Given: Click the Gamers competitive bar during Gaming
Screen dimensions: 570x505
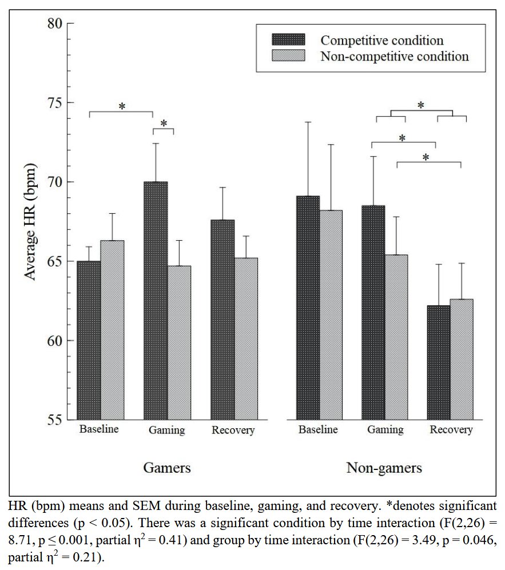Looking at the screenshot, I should pos(156,300).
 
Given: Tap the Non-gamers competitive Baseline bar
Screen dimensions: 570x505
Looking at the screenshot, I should pos(308,308).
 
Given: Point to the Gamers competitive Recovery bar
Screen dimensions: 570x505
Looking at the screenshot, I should pos(222,320).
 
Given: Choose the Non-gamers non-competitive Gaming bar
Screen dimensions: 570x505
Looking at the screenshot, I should pos(396,337).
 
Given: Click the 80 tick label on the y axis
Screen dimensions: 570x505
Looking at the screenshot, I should pos(54,25).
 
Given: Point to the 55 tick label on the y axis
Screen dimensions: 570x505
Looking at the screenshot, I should pos(54,420).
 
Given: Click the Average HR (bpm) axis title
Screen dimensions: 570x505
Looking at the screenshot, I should pos(30,221).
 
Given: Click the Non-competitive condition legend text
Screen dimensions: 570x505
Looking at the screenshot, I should pos(395,56).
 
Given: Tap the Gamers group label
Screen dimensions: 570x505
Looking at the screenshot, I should pos(166,468).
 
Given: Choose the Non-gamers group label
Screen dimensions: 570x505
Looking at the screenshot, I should pos(384,468).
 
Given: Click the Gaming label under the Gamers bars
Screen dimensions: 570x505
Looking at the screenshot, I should pos(166,431).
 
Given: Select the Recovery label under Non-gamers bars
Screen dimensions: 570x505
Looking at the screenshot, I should pos(451,430).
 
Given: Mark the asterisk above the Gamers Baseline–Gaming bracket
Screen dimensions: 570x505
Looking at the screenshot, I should pos(122,106).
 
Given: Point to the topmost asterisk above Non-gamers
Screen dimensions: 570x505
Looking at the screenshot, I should pos(421,105).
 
